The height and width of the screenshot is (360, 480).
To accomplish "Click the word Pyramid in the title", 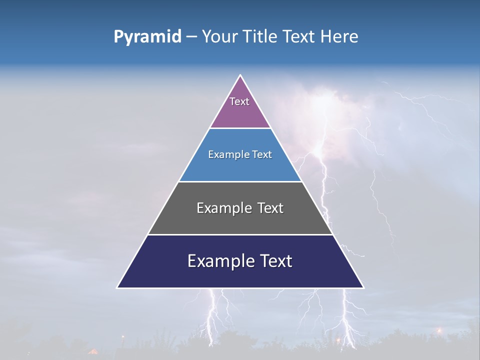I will click(x=147, y=37).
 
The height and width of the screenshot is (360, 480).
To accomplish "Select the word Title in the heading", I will click(x=263, y=37).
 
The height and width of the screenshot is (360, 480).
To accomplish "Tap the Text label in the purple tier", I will click(x=239, y=101).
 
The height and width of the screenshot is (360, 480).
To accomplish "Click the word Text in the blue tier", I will click(x=262, y=154).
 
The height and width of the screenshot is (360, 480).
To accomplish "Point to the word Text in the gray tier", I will click(x=270, y=208).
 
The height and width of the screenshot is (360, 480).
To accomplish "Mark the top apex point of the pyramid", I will click(x=240, y=75).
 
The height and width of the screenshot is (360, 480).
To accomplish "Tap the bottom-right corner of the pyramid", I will click(x=363, y=287).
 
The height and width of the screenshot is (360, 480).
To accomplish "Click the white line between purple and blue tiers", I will click(x=240, y=128).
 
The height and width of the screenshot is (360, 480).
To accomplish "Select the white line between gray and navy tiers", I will click(x=240, y=234).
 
